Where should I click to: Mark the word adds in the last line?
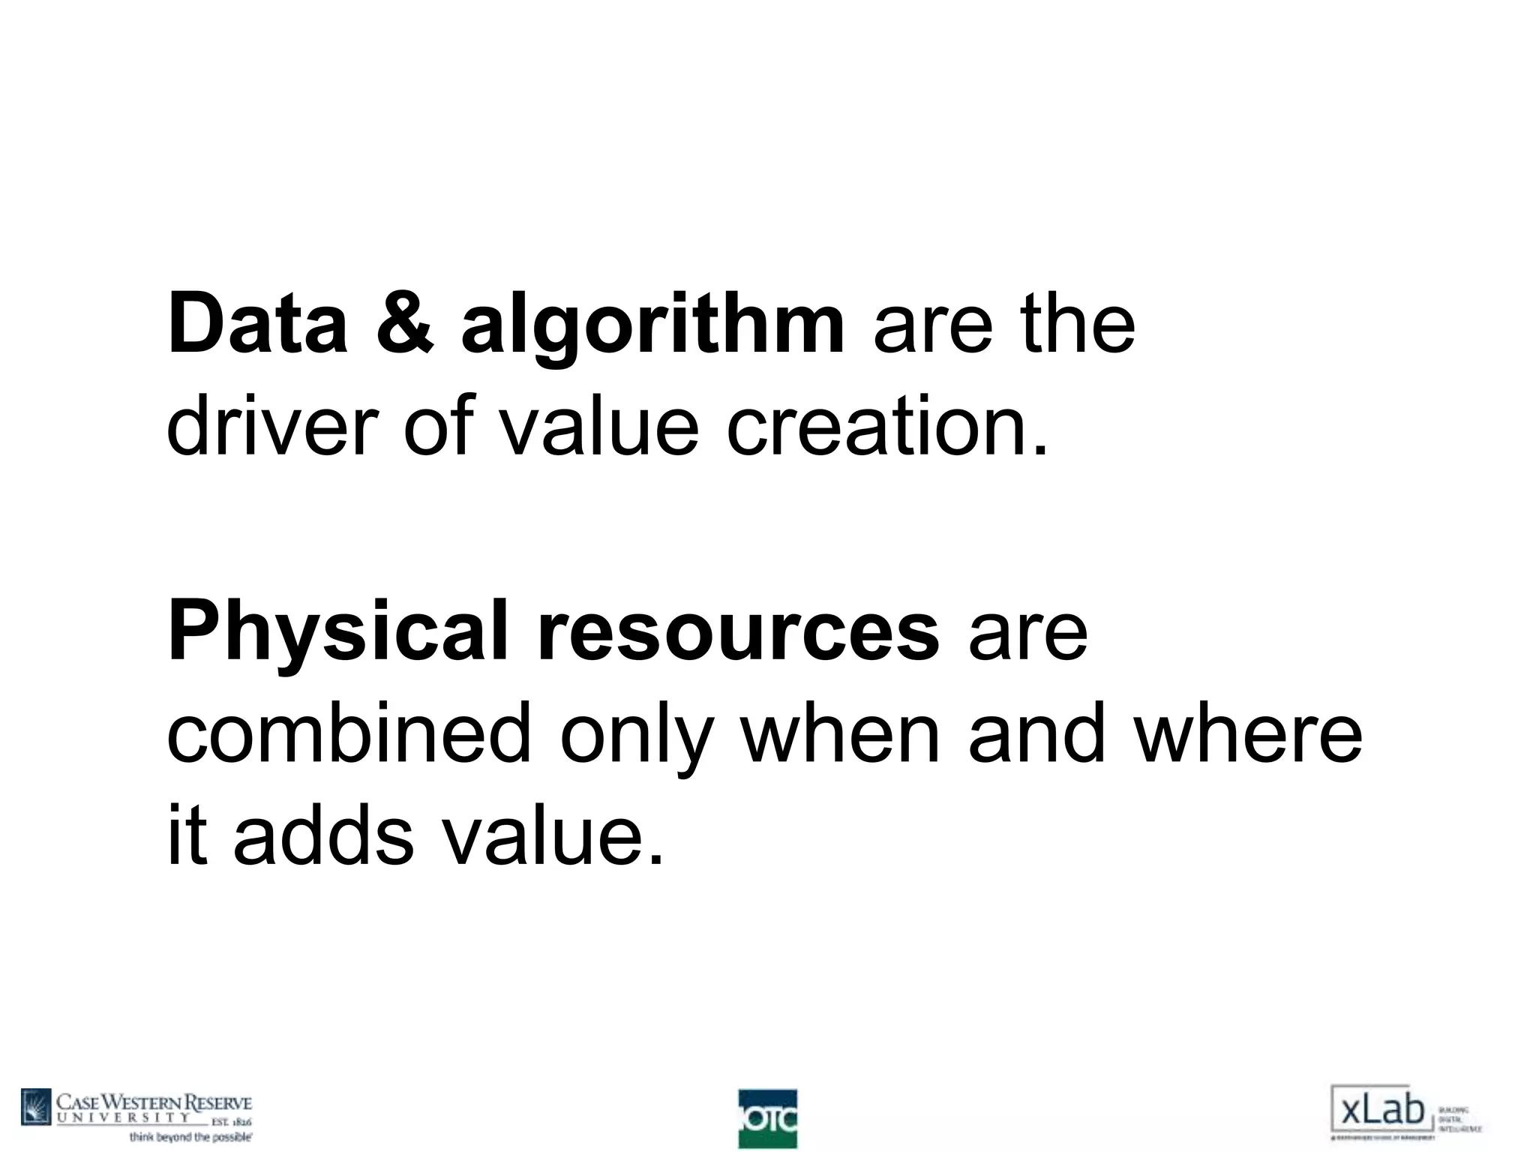coord(322,834)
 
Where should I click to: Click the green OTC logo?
coord(767,1118)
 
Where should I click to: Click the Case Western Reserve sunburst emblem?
coord(36,1108)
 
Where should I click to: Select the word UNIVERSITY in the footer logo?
coord(124,1117)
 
